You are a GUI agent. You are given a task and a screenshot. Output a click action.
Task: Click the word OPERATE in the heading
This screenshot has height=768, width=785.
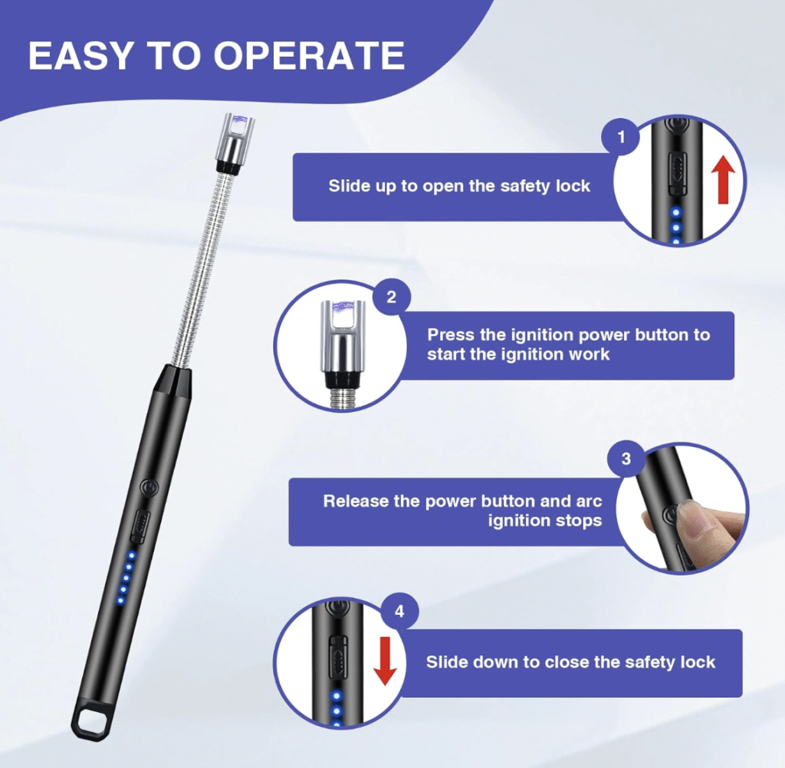pyautogui.click(x=309, y=55)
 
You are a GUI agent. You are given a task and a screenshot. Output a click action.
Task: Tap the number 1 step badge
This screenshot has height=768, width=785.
pyautogui.click(x=621, y=136)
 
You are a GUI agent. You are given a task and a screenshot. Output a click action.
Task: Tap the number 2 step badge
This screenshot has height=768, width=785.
pyautogui.click(x=392, y=298)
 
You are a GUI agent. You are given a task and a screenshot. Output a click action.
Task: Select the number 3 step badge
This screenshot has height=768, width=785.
pyautogui.click(x=626, y=459)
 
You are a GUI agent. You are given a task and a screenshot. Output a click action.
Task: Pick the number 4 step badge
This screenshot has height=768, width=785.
pyautogui.click(x=399, y=612)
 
